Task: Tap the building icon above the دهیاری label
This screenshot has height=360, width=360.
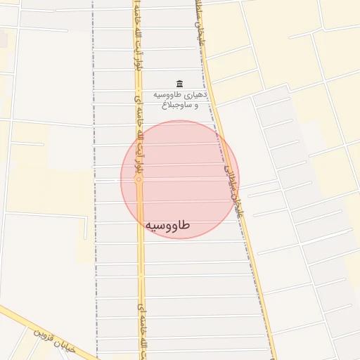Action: [179, 83]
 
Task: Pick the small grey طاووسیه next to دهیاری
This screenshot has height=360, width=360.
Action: [171, 94]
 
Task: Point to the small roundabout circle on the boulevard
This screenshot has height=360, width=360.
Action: [139, 180]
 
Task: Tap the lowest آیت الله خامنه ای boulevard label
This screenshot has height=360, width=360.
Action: [139, 330]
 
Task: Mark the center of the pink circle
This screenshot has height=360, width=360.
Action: [180, 180]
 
